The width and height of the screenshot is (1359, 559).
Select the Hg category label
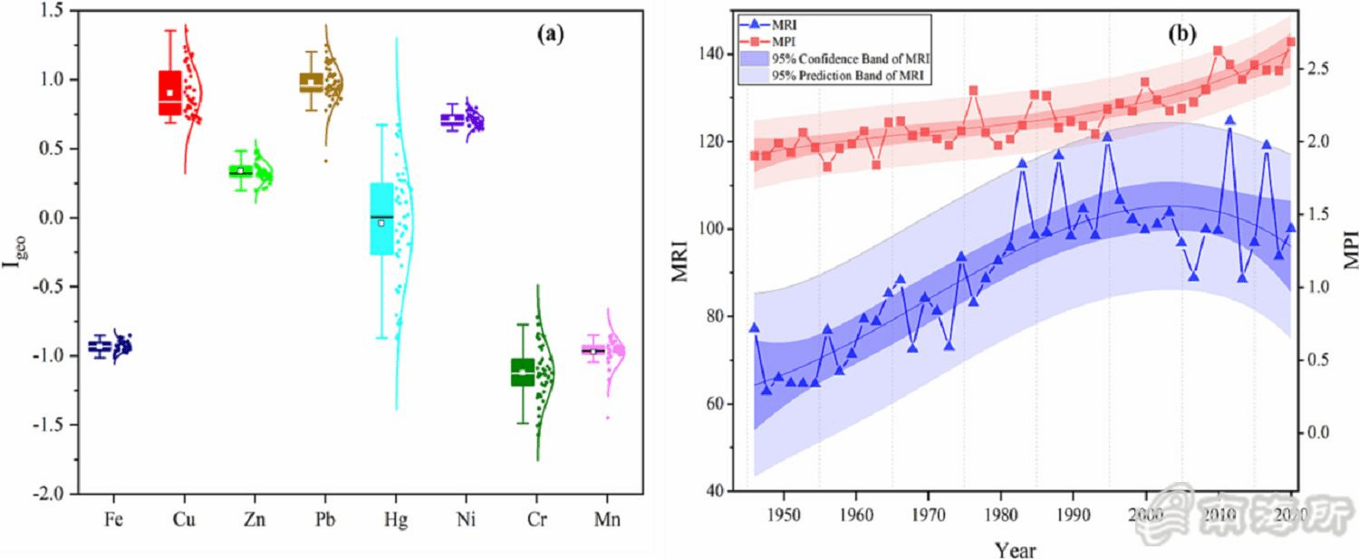tap(395, 522)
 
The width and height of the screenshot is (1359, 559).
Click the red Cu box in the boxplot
tap(169, 92)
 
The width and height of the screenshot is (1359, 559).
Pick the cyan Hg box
tap(381, 218)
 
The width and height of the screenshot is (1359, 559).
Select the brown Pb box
tap(311, 82)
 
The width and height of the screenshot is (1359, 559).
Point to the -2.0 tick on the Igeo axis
tap(54, 494)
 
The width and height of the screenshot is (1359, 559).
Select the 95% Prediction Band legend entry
tap(847, 76)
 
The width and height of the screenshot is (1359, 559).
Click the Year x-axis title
tap(1015, 549)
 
